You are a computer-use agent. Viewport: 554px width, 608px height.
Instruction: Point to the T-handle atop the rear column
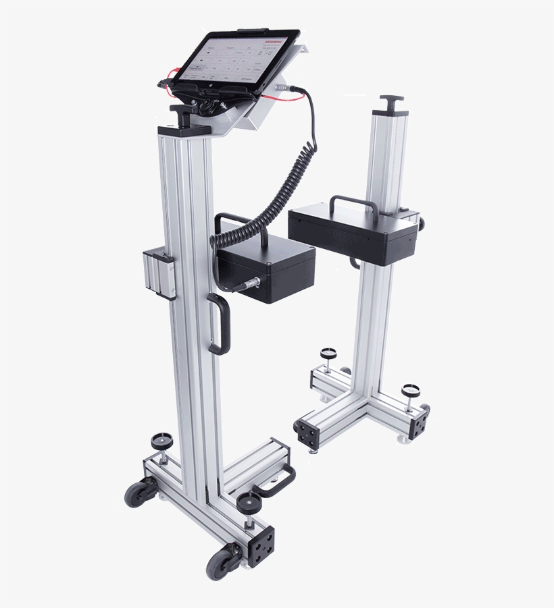[x=391, y=101]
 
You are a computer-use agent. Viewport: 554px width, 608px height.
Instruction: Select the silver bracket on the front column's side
[x=159, y=273]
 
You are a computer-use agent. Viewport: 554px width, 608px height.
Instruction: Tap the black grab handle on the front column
[x=218, y=324]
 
